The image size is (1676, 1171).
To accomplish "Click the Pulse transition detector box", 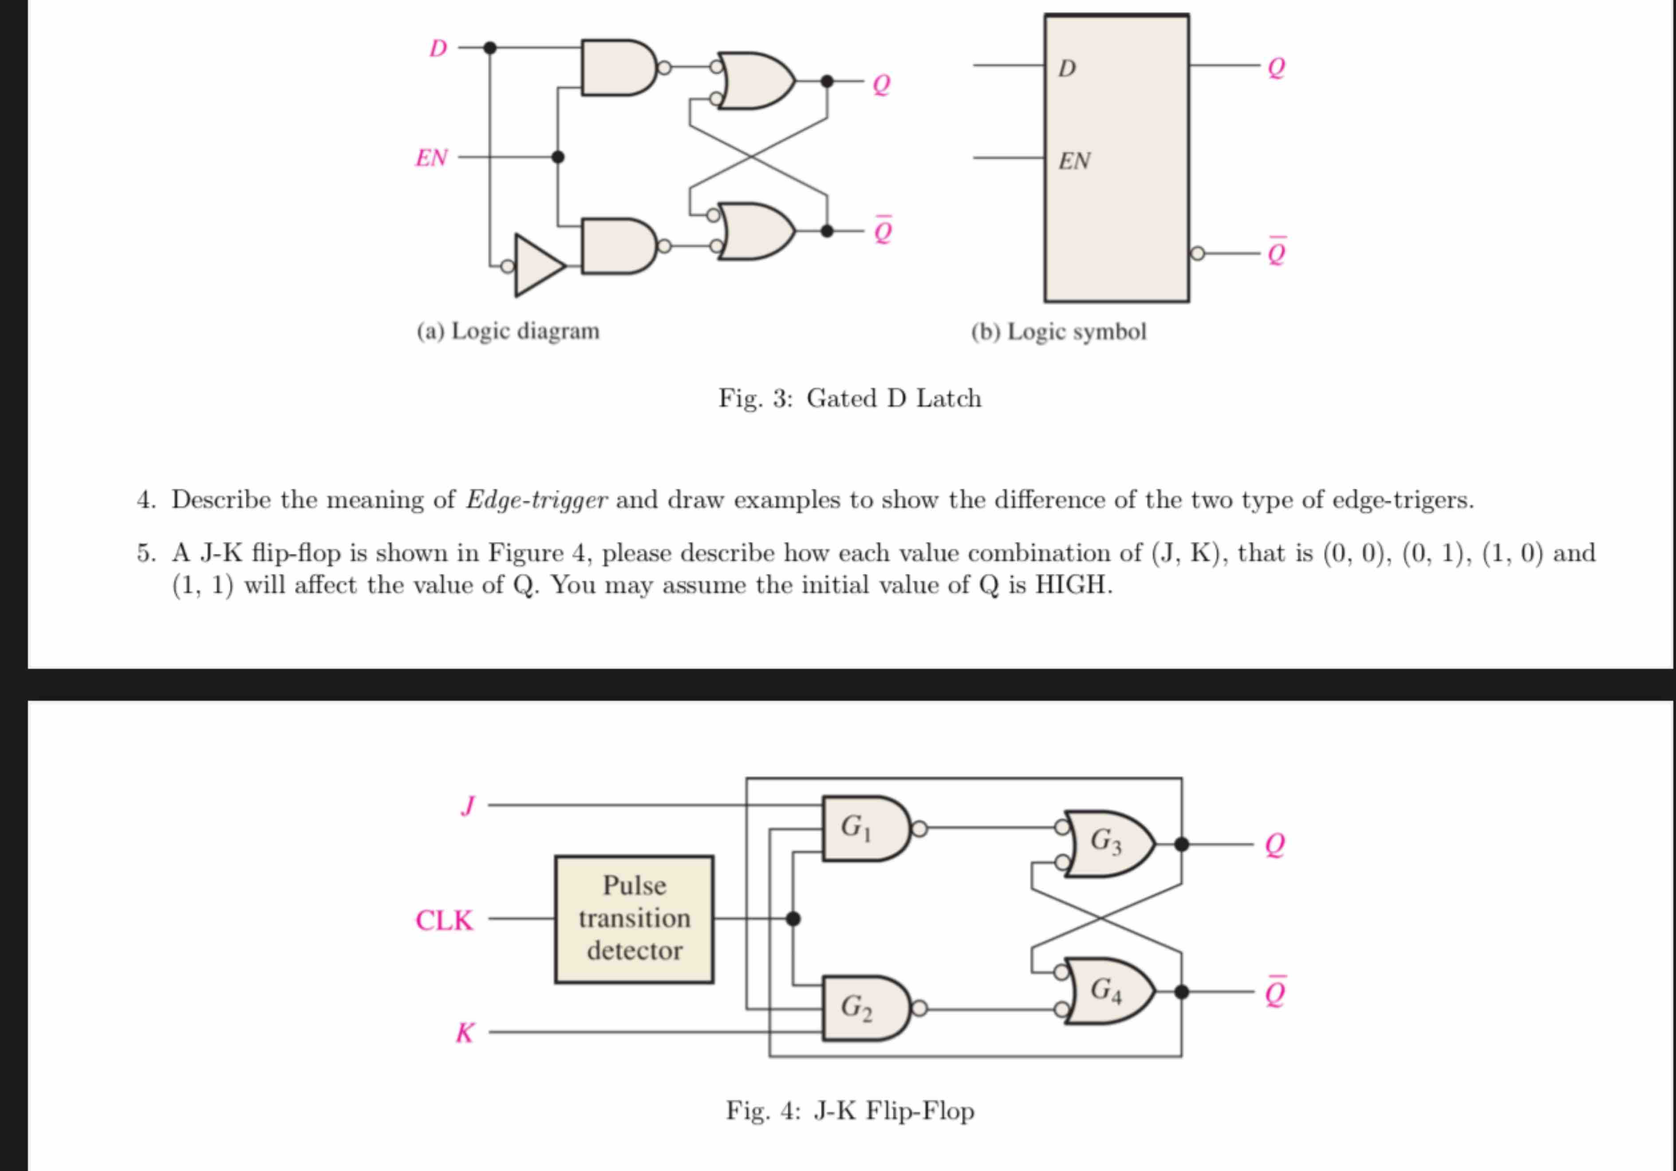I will pyautogui.click(x=634, y=919).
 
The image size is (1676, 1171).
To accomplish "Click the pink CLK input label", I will pyautogui.click(x=444, y=920).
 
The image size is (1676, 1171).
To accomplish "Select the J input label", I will pyautogui.click(x=468, y=806).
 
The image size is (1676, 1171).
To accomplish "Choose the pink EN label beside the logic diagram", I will pyautogui.click(x=431, y=158).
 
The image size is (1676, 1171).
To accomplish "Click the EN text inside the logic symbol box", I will pyautogui.click(x=1074, y=161).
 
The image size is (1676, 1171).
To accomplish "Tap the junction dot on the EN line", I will pyautogui.click(x=558, y=157).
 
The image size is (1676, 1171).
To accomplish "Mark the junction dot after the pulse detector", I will pyautogui.click(x=793, y=919).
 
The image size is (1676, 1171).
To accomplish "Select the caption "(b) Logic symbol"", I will pyautogui.click(x=1058, y=331).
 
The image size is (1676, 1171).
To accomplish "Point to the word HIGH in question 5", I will pyautogui.click(x=1073, y=585).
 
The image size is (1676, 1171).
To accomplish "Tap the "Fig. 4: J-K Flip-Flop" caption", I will pyautogui.click(x=850, y=1110).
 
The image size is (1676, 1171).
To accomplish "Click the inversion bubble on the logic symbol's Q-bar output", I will pyautogui.click(x=1197, y=253).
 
